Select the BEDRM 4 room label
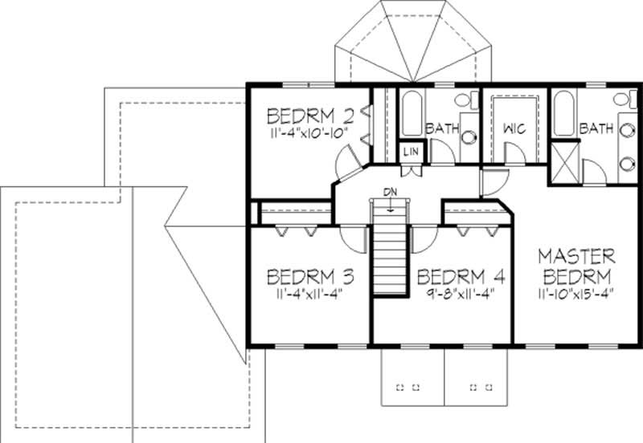click(x=461, y=277)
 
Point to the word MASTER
click(x=576, y=257)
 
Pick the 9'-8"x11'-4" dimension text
click(x=461, y=293)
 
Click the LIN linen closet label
click(x=411, y=151)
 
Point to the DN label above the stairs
click(x=390, y=192)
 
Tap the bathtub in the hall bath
click(x=411, y=114)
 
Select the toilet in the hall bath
click(x=464, y=102)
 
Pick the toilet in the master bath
click(x=621, y=101)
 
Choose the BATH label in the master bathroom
click(x=596, y=128)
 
